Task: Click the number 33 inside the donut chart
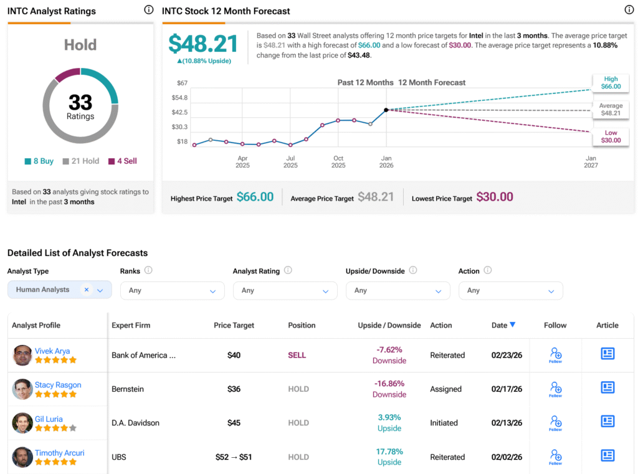point(80,102)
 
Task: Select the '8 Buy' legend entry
point(39,161)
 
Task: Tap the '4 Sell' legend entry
point(122,161)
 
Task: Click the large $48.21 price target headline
point(203,44)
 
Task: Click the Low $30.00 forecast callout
point(611,136)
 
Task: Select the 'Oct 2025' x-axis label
point(338,162)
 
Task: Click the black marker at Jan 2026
point(386,110)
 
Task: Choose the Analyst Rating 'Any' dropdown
point(285,290)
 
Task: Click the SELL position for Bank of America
point(297,355)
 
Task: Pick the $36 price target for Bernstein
point(234,389)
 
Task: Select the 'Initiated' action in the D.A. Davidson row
point(444,423)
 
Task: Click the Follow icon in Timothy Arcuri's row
point(556,457)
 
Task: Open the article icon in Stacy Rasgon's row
point(607,387)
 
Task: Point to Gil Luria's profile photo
point(22,423)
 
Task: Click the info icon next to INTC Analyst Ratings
point(148,10)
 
